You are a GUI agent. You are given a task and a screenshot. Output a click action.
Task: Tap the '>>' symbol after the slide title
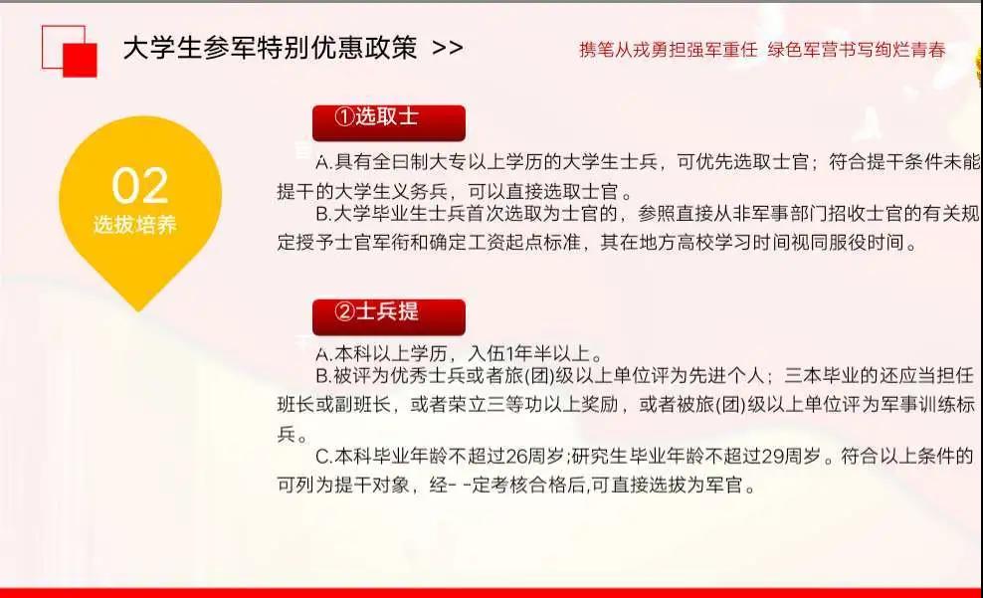448,48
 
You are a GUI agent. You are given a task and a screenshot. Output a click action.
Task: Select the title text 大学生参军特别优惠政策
271,48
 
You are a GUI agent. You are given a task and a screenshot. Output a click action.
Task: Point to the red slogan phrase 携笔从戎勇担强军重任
669,50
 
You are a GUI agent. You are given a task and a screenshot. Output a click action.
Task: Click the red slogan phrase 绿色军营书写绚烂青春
857,50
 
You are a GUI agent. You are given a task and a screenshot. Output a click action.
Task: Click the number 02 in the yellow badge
140,186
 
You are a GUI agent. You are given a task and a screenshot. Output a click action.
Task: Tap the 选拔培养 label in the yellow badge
135,225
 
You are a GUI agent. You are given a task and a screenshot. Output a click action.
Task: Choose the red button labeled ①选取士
389,122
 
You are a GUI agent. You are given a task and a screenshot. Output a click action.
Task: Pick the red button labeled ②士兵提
389,317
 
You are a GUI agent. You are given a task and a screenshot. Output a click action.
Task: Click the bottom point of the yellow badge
138,310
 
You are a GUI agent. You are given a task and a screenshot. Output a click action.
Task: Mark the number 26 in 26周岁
516,457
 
